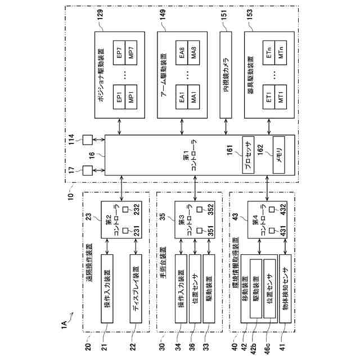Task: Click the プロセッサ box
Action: click(249, 152)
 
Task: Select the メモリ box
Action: click(278, 152)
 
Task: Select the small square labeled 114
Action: click(88, 138)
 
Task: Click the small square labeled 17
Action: click(88, 168)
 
